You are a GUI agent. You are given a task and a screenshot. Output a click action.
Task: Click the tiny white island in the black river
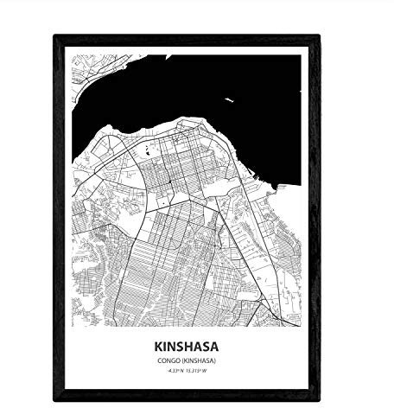[x=229, y=101]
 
